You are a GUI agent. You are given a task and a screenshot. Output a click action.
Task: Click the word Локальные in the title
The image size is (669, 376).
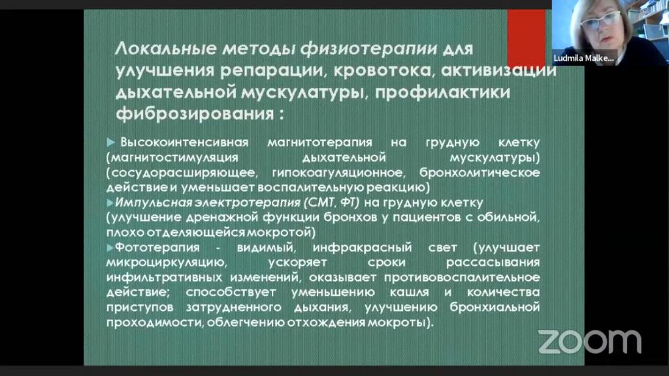pos(166,48)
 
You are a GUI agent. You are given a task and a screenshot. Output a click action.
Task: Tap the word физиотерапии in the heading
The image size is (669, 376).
pos(368,48)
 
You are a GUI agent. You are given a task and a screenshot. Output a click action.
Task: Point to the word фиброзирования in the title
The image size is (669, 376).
pos(195,114)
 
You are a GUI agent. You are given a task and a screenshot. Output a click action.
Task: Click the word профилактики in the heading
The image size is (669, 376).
pos(442,92)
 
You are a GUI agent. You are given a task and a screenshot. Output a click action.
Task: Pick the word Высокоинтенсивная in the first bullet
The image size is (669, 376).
pos(184,142)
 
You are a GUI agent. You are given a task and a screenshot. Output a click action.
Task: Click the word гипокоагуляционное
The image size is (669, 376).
pos(338,172)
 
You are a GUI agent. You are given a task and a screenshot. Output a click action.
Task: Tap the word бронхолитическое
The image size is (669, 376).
pos(480,172)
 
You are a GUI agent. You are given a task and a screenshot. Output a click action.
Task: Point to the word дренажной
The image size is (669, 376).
pos(222,217)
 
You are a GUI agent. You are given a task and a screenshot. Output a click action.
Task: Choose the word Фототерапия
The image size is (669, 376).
pos(157,247)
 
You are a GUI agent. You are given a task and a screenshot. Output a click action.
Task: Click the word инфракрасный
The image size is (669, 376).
pos(362,247)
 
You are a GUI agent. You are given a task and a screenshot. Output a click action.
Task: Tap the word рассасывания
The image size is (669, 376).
pos(493,262)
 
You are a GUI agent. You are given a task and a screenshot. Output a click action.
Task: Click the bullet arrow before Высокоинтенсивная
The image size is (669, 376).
pos(111,142)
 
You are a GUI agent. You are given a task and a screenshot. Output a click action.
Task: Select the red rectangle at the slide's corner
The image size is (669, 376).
pos(526,37)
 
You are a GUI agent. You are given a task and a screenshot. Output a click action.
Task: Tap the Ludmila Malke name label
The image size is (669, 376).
pos(583,58)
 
